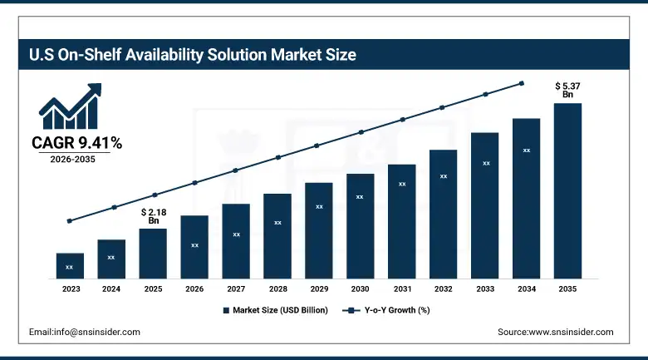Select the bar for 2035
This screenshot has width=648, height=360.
tap(567, 190)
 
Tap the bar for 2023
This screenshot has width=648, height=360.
tap(70, 266)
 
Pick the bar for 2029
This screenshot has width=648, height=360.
tap(318, 230)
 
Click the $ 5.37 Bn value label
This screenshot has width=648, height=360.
tap(567, 90)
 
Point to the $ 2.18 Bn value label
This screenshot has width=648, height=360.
tap(153, 216)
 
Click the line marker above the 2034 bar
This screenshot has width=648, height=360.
tap(522, 83)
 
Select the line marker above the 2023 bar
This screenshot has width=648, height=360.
tap(70, 221)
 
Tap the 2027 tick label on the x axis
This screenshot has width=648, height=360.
tap(236, 289)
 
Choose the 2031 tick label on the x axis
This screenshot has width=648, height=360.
tap(401, 289)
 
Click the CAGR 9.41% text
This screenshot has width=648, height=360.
tap(76, 144)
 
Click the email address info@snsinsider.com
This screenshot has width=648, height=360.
tap(84, 332)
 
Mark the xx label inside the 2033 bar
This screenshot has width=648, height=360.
tap(485, 164)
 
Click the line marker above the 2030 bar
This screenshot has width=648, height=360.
tap(361, 132)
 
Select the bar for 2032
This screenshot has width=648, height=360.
tap(444, 214)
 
